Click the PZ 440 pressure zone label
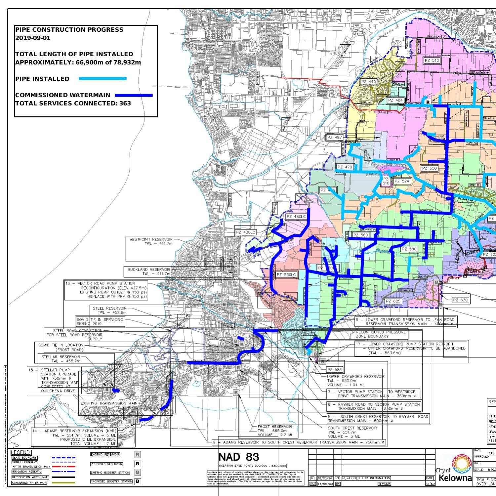pos(368,82)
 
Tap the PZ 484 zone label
pos(395,100)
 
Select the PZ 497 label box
pos(334,137)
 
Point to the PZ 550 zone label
pos(429,168)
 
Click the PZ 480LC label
pos(296,217)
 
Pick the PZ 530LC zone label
pos(286,275)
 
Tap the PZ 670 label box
pos(460,300)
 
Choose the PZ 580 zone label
pos(409,249)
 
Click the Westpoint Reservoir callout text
pos(151,241)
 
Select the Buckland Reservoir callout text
pos(149,271)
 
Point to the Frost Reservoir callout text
pos(275,431)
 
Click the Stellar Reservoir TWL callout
pos(61,359)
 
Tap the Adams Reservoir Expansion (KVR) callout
pos(74,437)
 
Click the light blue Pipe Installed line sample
pos(103,79)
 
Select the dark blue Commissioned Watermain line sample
pos(134,95)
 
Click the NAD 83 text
pos(239,457)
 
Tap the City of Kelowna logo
pos(454,469)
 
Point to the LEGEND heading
pos(21,452)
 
